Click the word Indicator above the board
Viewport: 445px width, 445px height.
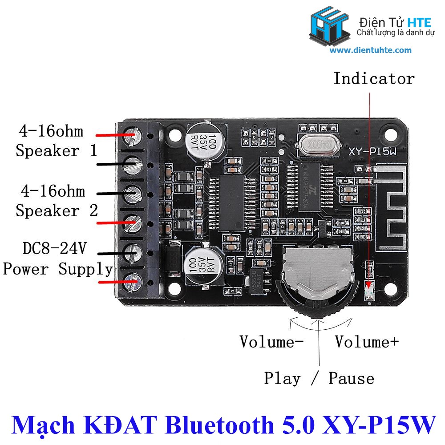click(x=374, y=79)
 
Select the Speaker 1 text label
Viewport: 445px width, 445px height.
click(x=57, y=150)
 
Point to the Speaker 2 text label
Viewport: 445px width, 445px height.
click(x=57, y=210)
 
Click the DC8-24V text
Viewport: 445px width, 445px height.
click(x=54, y=248)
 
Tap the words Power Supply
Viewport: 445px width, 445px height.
click(x=58, y=269)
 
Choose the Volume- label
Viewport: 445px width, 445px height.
click(x=271, y=342)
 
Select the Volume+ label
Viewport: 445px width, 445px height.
click(x=367, y=342)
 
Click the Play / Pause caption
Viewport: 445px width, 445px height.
click(x=319, y=378)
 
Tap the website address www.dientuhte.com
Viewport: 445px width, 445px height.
click(x=371, y=50)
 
